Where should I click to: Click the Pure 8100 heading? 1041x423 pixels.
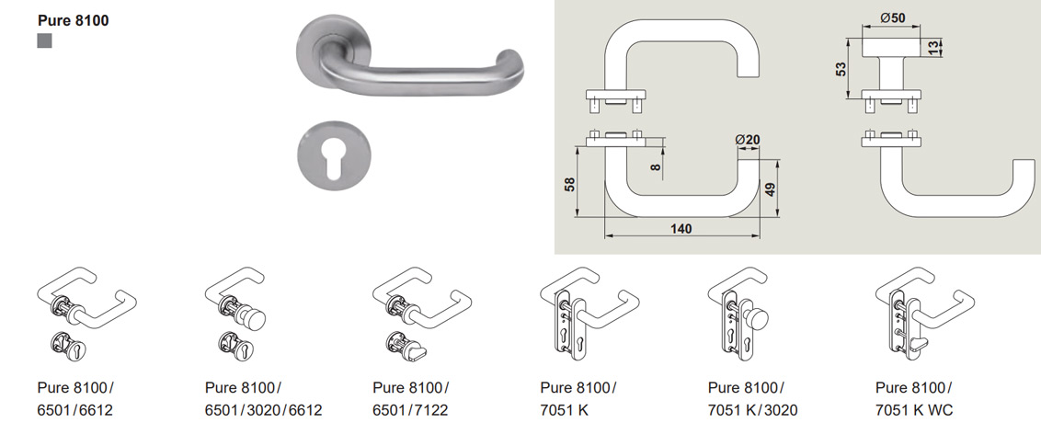coord(73,20)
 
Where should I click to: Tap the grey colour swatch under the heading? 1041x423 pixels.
coord(44,41)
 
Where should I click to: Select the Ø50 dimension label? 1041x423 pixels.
coord(893,18)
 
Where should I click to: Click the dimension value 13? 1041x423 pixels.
coord(934,49)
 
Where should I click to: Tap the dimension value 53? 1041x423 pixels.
coord(841,70)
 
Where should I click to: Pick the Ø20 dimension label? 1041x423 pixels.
coord(748,140)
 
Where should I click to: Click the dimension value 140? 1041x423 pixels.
coord(681,228)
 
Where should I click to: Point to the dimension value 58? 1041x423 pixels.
coord(569,184)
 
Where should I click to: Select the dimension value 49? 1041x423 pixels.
coord(770,189)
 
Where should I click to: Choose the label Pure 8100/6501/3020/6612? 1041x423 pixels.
coord(264,399)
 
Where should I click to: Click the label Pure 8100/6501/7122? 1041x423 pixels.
coord(411,399)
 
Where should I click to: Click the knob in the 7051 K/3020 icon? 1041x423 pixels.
coord(756,320)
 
